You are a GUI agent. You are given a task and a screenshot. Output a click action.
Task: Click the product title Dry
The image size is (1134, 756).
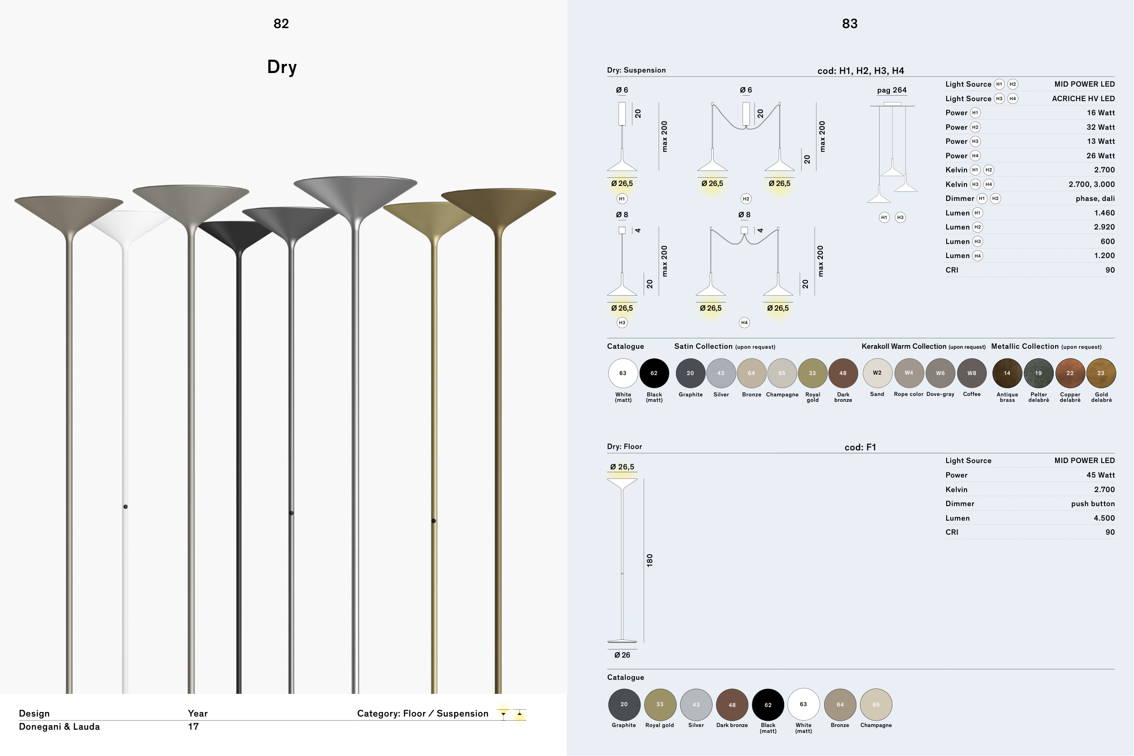click(282, 67)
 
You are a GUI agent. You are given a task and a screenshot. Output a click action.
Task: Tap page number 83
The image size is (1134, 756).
click(850, 24)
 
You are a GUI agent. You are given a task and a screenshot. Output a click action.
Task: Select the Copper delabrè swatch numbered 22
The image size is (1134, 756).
click(1070, 373)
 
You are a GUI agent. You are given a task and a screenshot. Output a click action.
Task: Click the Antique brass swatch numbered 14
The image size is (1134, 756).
click(1007, 373)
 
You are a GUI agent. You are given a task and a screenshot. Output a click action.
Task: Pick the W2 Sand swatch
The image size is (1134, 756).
click(877, 373)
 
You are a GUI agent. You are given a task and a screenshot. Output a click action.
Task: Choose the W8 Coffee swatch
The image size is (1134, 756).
click(972, 373)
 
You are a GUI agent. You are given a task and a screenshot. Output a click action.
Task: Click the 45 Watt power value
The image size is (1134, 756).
click(1100, 475)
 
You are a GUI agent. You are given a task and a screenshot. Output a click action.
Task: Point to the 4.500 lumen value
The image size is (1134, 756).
click(1104, 518)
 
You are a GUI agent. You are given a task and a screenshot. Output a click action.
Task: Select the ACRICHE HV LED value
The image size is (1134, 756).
click(1083, 98)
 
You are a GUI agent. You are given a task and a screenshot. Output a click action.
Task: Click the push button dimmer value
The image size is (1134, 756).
click(1093, 504)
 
